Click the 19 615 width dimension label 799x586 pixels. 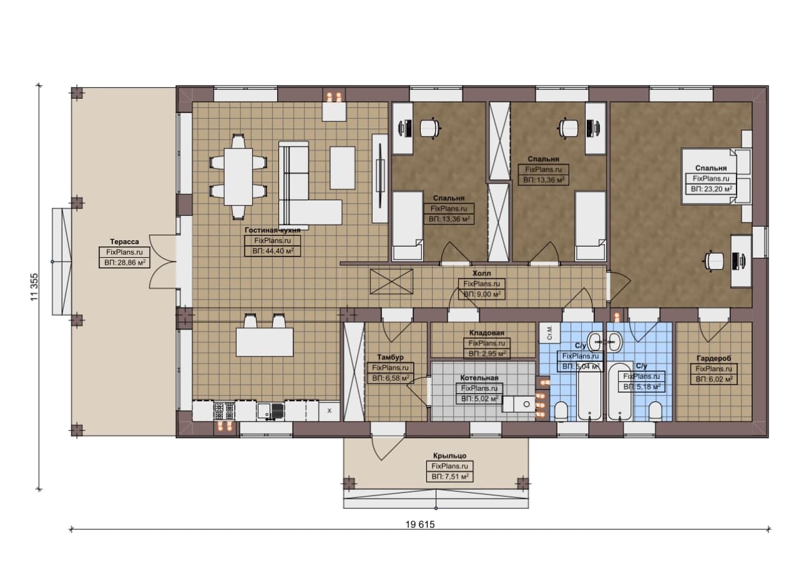(x=420, y=524)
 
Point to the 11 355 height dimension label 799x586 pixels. (x=34, y=287)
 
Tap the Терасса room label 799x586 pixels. (x=124, y=242)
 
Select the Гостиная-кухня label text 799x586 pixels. (x=272, y=230)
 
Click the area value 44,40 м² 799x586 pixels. (x=273, y=251)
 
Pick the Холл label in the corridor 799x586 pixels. (x=481, y=273)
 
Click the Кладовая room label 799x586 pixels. (x=486, y=333)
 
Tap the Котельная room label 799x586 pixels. (x=479, y=378)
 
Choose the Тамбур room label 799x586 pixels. (x=390, y=357)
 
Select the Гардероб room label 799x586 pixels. (x=713, y=358)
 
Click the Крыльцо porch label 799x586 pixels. (x=450, y=456)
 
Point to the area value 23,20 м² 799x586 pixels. (x=711, y=189)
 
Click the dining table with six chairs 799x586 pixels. (x=238, y=177)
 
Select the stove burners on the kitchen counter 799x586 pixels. (x=224, y=411)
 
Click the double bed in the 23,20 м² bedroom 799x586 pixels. (x=709, y=176)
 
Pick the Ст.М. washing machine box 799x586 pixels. (x=549, y=333)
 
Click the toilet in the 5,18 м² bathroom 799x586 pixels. (x=655, y=411)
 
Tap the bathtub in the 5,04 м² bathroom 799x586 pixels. (x=590, y=391)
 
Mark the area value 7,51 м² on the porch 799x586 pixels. (x=450, y=477)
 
